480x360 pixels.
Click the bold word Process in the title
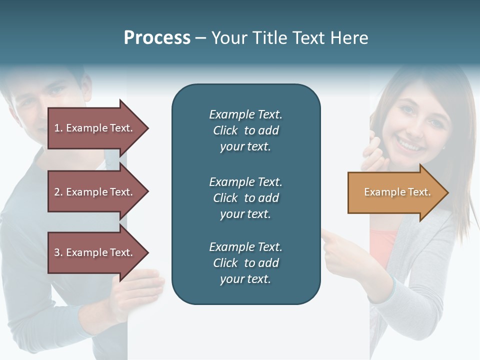click(x=157, y=38)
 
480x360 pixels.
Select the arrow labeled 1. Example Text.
click(x=95, y=128)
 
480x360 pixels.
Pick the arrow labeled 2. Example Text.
click(x=95, y=192)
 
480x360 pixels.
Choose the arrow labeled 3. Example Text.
click(x=95, y=252)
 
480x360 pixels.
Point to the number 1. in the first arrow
click(x=58, y=128)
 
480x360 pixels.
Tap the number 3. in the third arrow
click(x=58, y=252)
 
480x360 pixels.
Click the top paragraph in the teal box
click(x=245, y=130)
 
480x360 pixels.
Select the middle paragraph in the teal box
click(x=245, y=198)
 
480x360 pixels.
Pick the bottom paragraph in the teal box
click(x=245, y=263)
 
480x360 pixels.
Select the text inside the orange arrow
click(x=397, y=192)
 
